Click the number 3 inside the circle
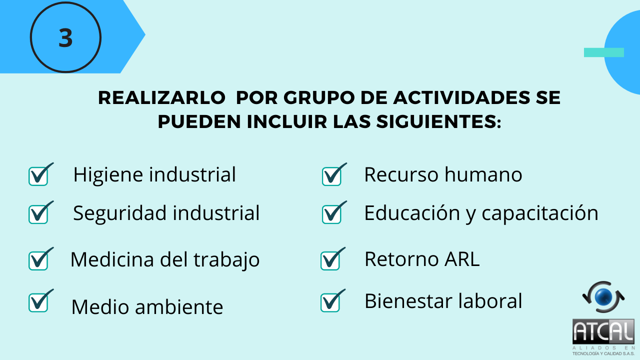tap(65, 37)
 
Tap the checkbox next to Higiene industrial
tap(41, 174)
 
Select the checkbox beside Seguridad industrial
tap(41, 212)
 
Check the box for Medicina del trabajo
tap(41, 259)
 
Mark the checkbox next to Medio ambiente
tap(41, 300)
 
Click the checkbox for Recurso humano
tap(334, 174)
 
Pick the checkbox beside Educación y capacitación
tap(334, 212)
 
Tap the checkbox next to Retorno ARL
tap(333, 259)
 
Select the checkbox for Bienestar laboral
tap(333, 300)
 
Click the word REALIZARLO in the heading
tap(161, 97)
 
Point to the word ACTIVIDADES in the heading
tap(461, 97)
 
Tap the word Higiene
tap(108, 175)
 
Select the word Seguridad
tap(119, 213)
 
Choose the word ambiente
tap(179, 307)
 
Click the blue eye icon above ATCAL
tap(603, 297)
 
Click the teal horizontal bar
tap(603, 52)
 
